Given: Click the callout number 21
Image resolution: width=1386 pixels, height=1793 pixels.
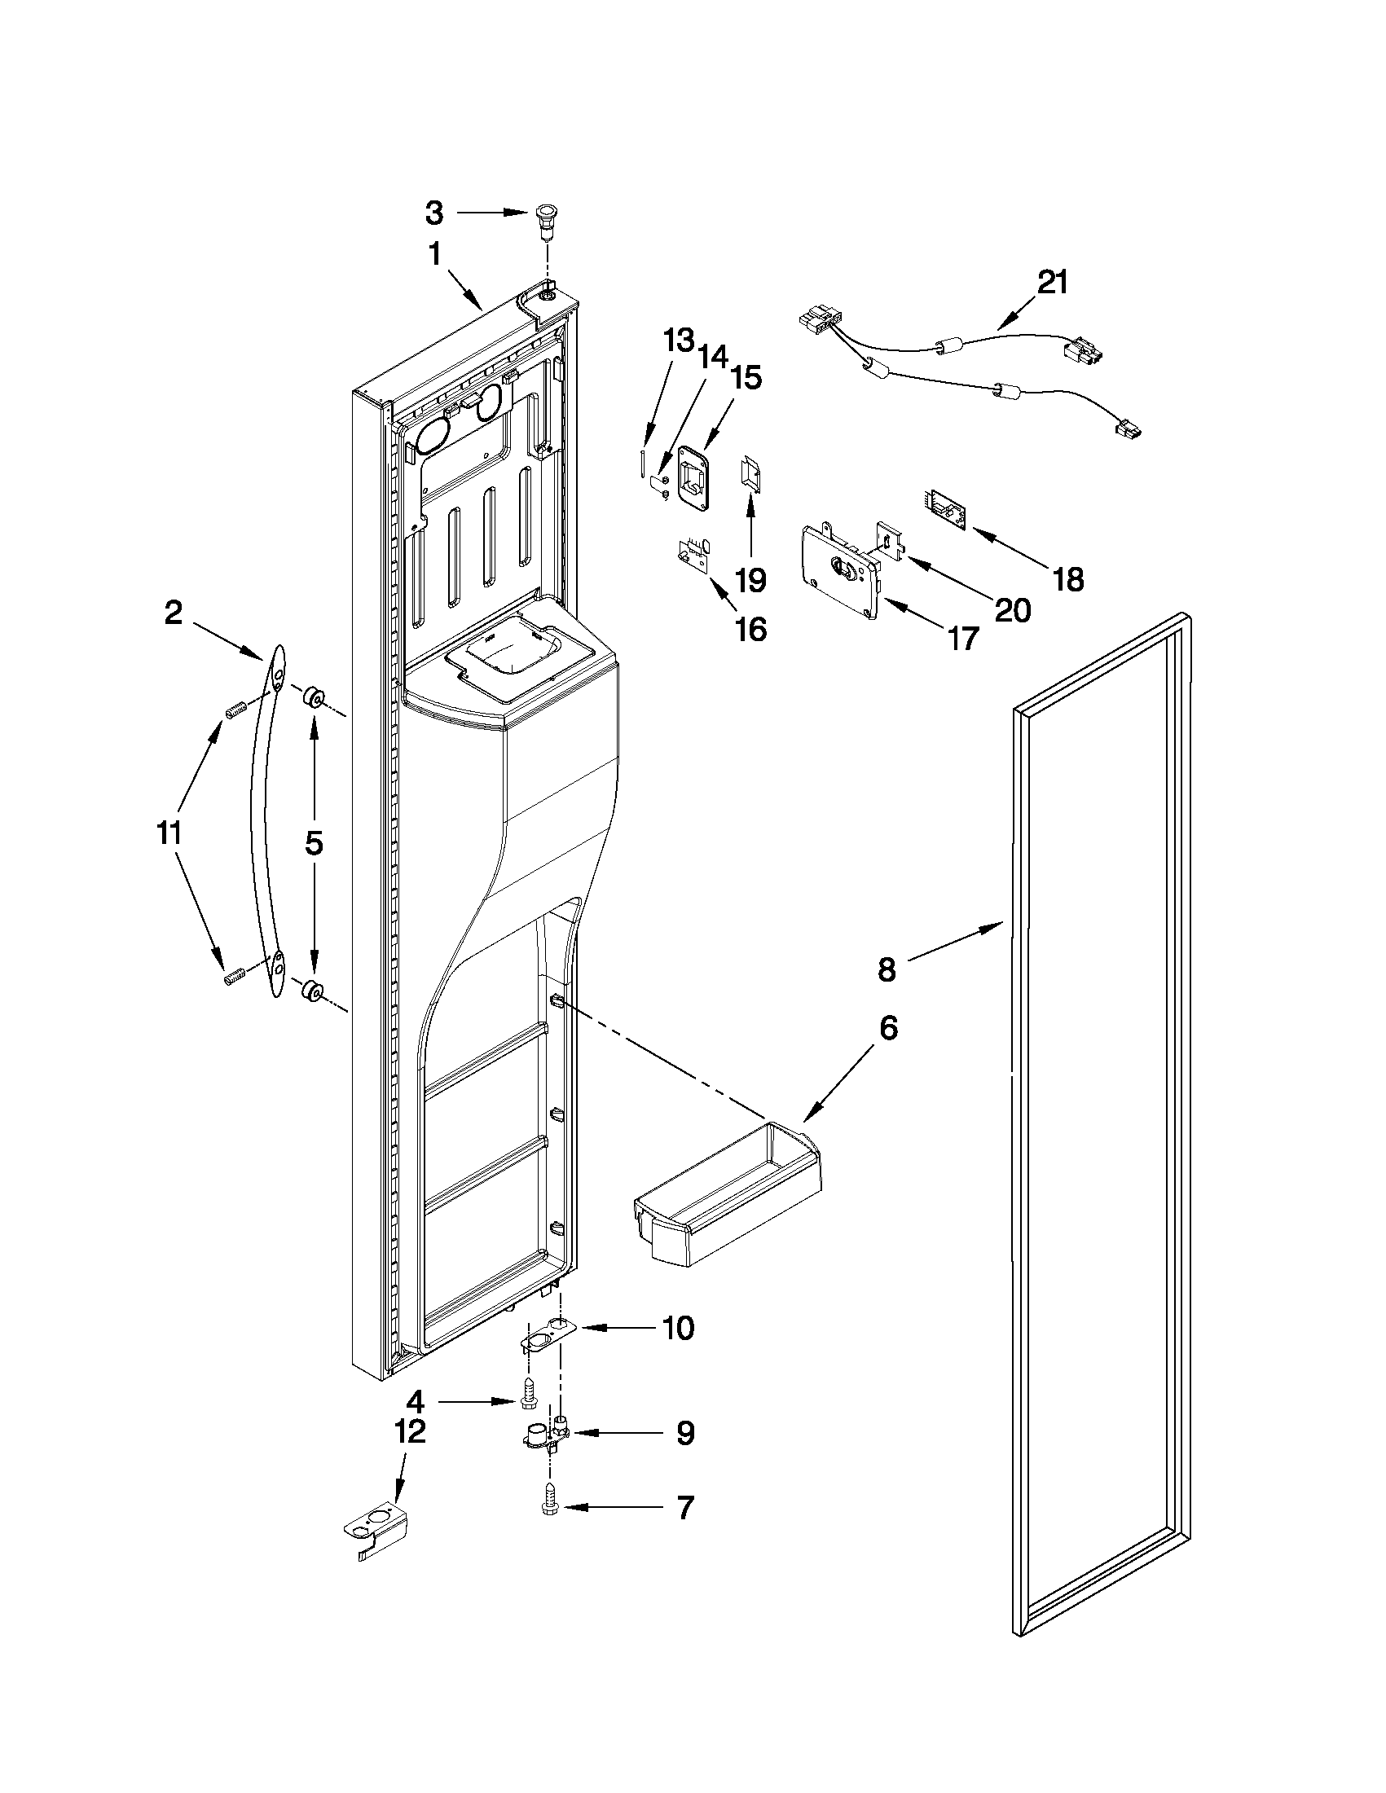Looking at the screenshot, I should click(x=1053, y=283).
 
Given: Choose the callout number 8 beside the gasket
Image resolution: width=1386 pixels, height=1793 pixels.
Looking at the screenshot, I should click(x=887, y=969).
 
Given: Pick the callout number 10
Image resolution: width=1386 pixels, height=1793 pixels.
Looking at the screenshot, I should click(x=678, y=1328).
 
